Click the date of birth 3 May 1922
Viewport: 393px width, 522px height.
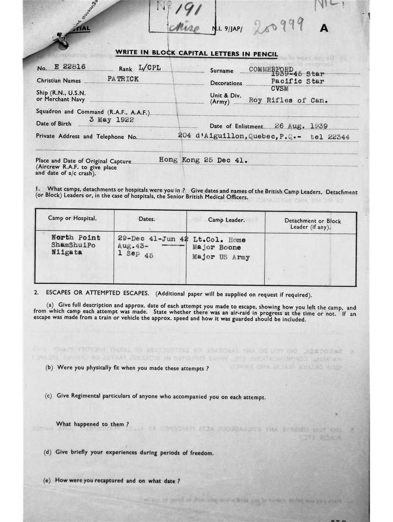coord(111,120)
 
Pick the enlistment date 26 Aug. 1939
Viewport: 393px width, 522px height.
coord(301,125)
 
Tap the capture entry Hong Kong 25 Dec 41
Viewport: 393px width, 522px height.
coord(204,160)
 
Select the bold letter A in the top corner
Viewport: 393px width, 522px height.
coord(324,29)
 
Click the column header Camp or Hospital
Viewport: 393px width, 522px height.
coord(72,219)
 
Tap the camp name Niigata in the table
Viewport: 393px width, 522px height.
coord(66,252)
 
